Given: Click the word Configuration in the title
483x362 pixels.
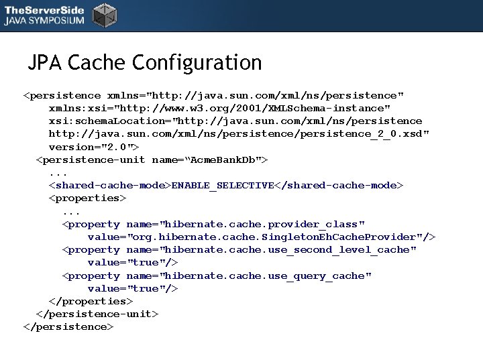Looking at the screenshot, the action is pyautogui.click(x=197, y=64).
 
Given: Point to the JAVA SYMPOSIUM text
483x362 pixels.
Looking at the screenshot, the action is pyautogui.click(x=44, y=20).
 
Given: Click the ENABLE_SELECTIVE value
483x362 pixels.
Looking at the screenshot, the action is pyautogui.click(x=223, y=185).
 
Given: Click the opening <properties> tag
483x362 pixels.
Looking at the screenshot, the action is pyautogui.click(x=87, y=198).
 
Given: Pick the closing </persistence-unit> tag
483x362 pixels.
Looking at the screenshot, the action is pyautogui.click(x=97, y=314).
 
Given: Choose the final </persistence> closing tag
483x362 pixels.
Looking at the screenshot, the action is pyautogui.click(x=68, y=326).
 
